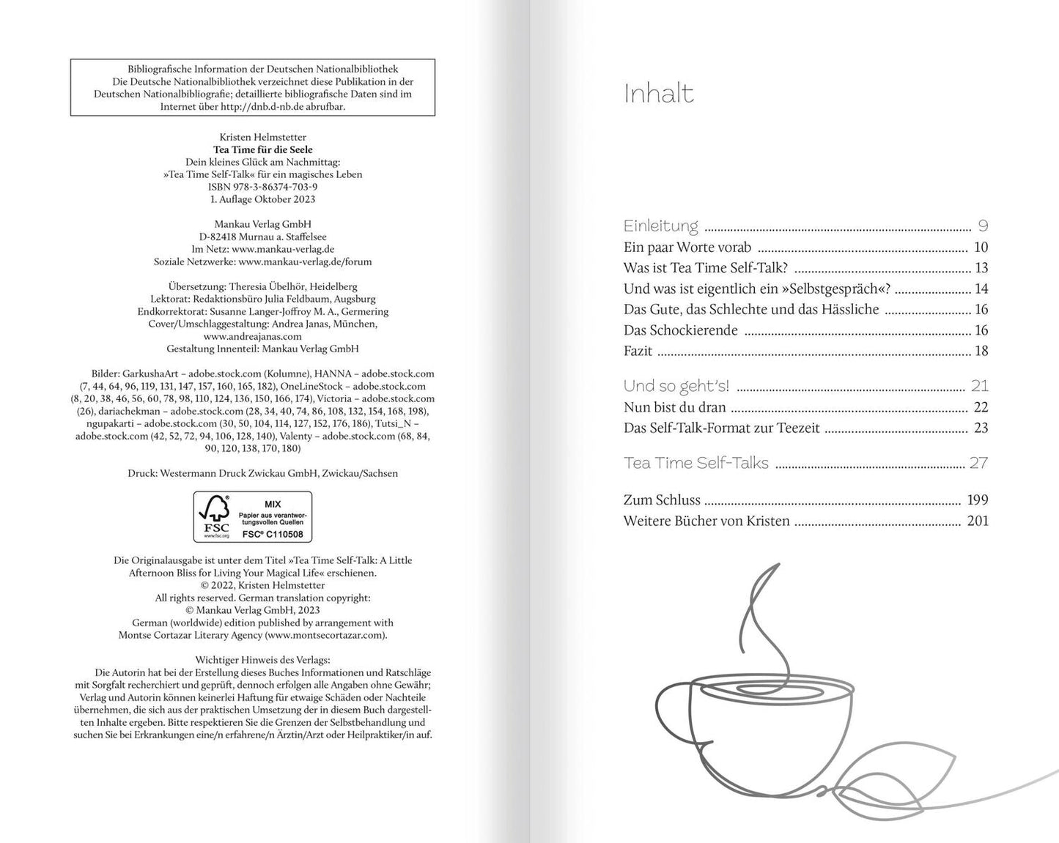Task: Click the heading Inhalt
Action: click(x=658, y=94)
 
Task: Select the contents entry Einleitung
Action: click(x=660, y=226)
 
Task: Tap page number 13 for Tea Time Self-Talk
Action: click(x=981, y=268)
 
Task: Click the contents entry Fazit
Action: click(x=638, y=351)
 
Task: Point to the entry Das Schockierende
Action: click(x=680, y=330)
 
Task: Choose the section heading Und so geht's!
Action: click(x=676, y=386)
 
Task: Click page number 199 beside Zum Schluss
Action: click(x=978, y=500)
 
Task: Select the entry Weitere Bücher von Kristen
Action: click(x=706, y=521)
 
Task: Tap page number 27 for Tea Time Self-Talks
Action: click(x=979, y=463)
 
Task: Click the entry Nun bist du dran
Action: click(x=674, y=407)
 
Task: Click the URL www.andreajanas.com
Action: click(x=251, y=336)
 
